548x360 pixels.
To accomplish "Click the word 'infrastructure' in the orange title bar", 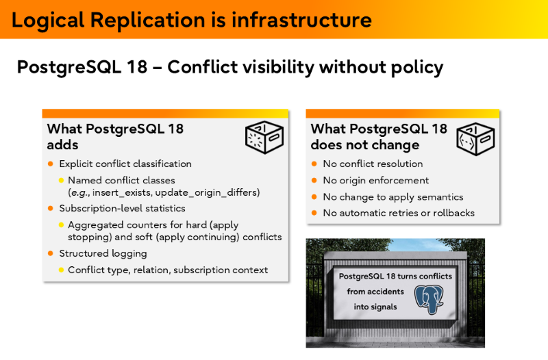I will [x=301, y=19].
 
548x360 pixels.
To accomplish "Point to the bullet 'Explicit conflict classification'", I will [x=125, y=164].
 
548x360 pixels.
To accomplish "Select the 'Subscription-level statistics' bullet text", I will [x=122, y=208].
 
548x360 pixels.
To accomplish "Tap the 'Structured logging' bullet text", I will [x=103, y=253].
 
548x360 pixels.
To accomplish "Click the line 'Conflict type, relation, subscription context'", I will [x=168, y=270].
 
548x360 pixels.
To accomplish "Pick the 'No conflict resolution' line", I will [x=373, y=164].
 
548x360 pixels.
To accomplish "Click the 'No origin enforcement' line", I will [x=375, y=181].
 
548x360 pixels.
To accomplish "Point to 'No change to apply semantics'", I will [x=393, y=197].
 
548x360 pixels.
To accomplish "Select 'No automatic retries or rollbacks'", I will [x=399, y=213].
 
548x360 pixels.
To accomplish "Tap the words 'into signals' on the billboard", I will [x=375, y=307].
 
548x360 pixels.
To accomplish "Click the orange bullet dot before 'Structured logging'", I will [x=50, y=253].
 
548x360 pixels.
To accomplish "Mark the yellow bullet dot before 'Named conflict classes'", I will [x=60, y=181].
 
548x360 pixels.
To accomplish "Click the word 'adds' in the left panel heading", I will [x=62, y=144].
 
